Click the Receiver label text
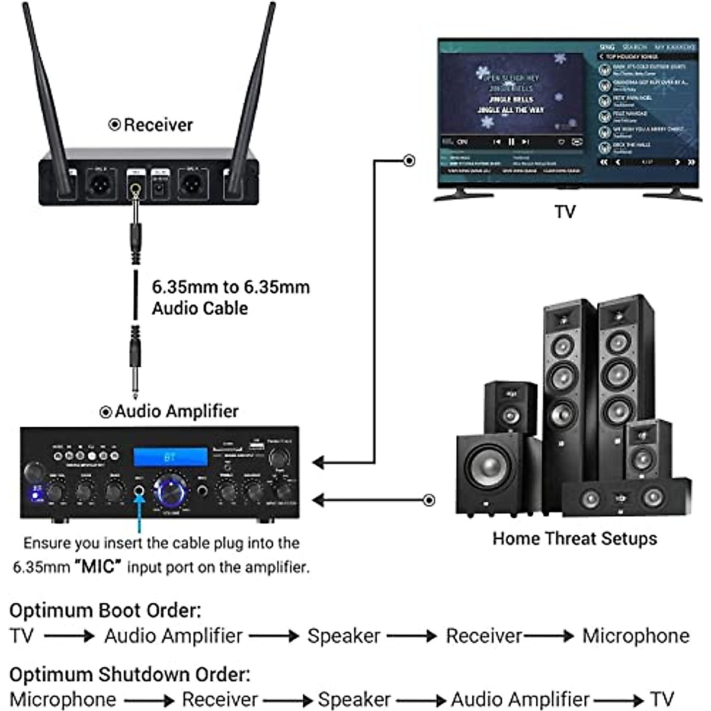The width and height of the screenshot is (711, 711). tap(158, 125)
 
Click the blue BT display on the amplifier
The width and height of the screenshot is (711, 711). tap(170, 457)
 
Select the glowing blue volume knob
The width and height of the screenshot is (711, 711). tap(171, 491)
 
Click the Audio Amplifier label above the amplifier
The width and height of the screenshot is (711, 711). tap(176, 411)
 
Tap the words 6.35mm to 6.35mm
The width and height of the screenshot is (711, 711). tap(230, 287)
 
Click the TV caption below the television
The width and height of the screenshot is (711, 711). tap(565, 212)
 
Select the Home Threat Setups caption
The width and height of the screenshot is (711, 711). tap(575, 539)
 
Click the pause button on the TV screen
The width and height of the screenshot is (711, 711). tap(511, 142)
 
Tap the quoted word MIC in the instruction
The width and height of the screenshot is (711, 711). tap(98, 566)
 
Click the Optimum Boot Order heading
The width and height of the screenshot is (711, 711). tap(105, 610)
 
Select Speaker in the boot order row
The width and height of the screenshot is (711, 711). tap(344, 636)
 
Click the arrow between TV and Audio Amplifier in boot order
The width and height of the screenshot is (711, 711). tap(69, 636)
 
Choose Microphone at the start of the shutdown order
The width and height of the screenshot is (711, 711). tap(63, 699)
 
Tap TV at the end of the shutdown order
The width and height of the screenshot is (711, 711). tap(662, 699)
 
